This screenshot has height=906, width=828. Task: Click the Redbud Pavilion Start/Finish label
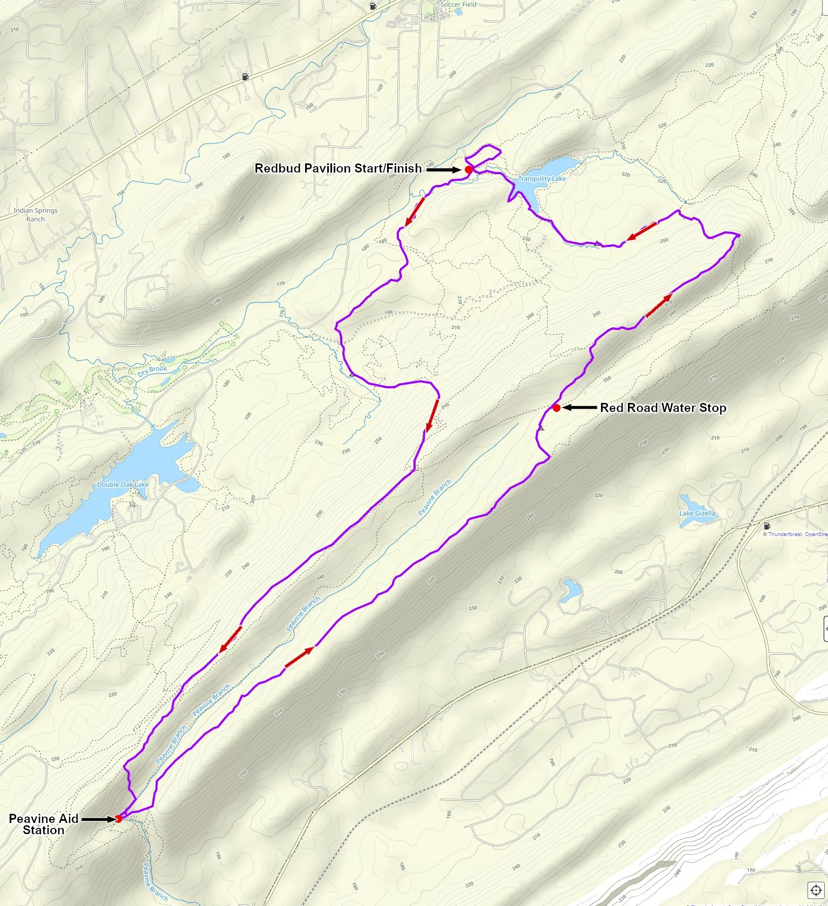tap(338, 168)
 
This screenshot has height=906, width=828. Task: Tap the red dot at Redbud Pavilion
tap(468, 169)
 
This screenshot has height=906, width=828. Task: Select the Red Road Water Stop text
tap(663, 408)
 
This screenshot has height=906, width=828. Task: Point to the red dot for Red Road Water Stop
tap(556, 408)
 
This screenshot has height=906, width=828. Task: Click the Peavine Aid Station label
tap(44, 824)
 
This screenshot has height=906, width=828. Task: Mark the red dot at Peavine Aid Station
tap(119, 819)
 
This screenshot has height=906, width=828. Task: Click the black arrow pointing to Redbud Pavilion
tap(444, 169)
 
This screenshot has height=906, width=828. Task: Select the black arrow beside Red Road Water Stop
tap(579, 408)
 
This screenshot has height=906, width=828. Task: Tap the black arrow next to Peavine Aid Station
tap(98, 819)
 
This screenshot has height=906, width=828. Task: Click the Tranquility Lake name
tap(542, 179)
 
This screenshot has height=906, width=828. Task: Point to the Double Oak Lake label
tap(122, 484)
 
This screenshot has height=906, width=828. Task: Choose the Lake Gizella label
tap(697, 513)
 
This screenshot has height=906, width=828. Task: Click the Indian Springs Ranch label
tap(36, 215)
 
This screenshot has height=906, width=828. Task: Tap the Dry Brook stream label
tap(152, 370)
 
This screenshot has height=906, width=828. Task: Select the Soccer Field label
tap(458, 4)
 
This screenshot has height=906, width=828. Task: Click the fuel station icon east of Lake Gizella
tap(767, 526)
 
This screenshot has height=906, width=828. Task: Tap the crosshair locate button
tap(815, 890)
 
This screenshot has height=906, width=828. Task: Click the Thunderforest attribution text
tap(795, 534)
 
